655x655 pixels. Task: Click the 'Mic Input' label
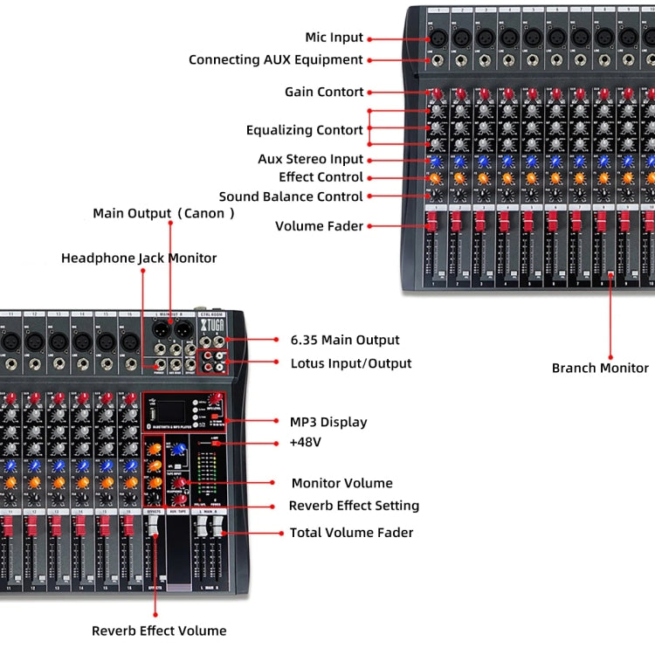point(333,38)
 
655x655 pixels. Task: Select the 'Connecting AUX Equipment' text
point(275,60)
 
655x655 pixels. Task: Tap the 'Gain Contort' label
point(324,92)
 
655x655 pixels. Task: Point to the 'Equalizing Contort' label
point(304,130)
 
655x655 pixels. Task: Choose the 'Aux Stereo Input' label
point(310,159)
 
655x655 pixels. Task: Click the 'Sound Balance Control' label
point(291,196)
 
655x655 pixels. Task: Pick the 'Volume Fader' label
point(319,226)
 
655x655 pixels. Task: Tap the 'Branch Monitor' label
point(600,368)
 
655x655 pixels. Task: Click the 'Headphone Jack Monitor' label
point(139,258)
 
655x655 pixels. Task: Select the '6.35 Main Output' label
point(344,340)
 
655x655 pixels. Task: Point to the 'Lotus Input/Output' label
point(350,362)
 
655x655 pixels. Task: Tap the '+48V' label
point(306,442)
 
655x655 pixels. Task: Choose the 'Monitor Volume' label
point(341,483)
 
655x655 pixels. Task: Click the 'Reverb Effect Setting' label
point(354,506)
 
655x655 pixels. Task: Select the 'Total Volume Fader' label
point(351,532)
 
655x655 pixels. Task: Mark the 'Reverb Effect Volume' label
point(159,631)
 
